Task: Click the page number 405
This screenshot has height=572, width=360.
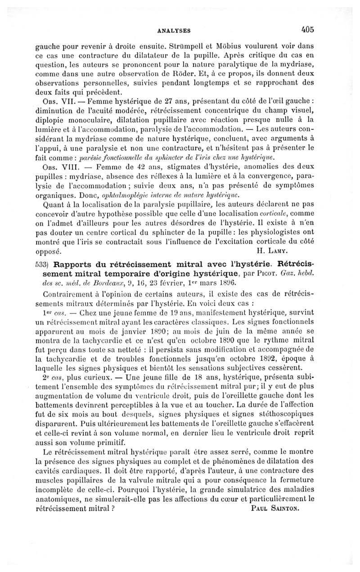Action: point(308,30)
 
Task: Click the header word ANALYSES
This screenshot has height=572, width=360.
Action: point(175,31)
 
